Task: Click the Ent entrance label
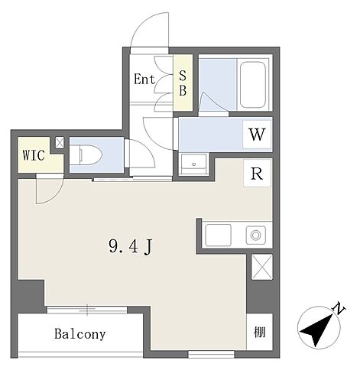(x=144, y=80)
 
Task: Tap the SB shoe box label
(x=183, y=83)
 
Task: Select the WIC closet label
(x=34, y=155)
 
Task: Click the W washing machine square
(x=257, y=134)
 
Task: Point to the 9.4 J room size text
(x=131, y=247)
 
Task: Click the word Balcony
(x=80, y=333)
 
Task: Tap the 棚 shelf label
(x=259, y=332)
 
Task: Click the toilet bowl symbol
(x=86, y=155)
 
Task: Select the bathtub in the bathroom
(x=253, y=85)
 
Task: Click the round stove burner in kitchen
(x=255, y=235)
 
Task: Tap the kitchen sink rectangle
(x=219, y=235)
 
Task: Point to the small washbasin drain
(x=194, y=164)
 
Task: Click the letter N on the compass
(x=339, y=309)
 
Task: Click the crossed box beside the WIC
(x=60, y=143)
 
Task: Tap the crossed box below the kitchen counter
(x=262, y=267)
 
